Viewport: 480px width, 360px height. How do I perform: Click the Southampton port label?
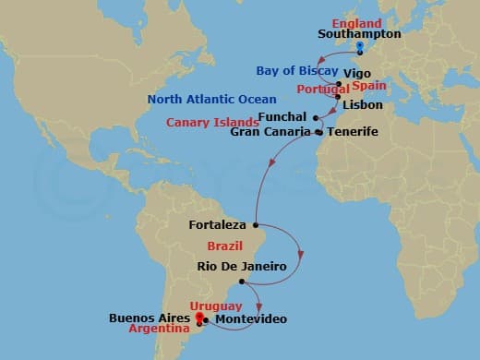click(359, 33)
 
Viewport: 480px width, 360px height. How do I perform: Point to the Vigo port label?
click(357, 72)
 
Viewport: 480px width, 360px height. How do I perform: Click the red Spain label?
click(369, 85)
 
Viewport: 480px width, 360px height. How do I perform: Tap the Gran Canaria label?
click(271, 133)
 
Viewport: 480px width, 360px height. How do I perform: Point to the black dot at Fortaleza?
click(255, 224)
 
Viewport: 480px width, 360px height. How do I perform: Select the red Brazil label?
click(226, 247)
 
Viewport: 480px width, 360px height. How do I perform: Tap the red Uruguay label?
click(215, 306)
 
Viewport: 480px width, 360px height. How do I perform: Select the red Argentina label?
click(162, 329)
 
